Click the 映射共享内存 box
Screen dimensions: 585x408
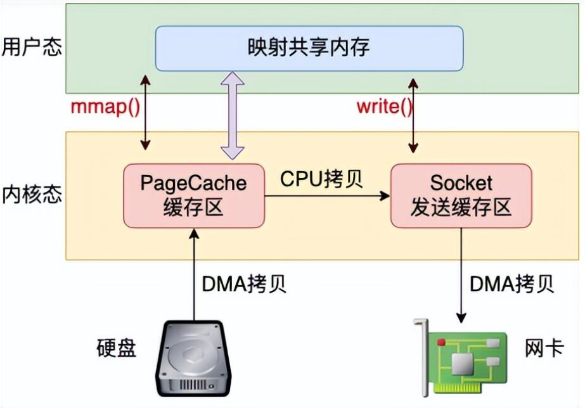coord(309,49)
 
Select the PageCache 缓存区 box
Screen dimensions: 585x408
coord(194,196)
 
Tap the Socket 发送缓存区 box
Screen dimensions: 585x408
coord(461,196)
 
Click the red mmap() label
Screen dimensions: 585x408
coord(106,108)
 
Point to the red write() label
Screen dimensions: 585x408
coord(384,108)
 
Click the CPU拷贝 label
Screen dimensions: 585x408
coord(321,179)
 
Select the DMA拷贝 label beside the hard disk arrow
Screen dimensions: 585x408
coord(244,284)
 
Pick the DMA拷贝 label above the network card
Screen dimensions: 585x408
coord(511,284)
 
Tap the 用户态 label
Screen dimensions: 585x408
coord(32,48)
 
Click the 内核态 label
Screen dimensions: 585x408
coord(32,194)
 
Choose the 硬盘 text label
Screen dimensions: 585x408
coord(117,348)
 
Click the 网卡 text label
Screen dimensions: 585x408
coord(544,348)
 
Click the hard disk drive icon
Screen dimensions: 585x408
coord(194,358)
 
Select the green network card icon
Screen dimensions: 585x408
coord(461,357)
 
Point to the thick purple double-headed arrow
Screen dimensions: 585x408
coord(233,115)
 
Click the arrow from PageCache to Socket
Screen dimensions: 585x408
coord(327,196)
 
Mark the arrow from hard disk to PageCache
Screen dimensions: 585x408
coord(194,274)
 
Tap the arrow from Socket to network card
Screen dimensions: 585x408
coord(461,275)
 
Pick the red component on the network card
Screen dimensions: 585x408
coord(442,341)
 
